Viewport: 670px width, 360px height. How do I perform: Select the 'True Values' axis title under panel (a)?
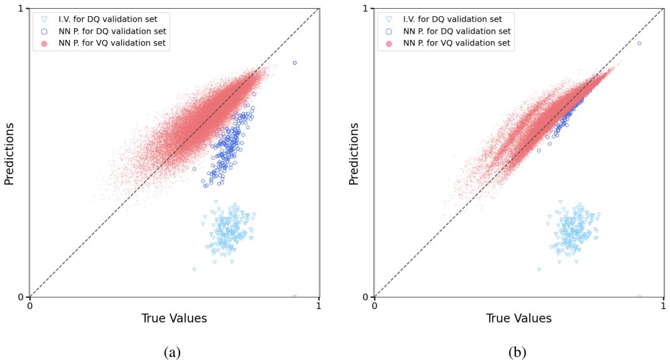click(x=175, y=318)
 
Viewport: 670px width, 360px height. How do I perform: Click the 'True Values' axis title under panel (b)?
click(x=519, y=318)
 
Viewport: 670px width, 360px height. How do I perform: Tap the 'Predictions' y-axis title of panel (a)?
click(x=9, y=153)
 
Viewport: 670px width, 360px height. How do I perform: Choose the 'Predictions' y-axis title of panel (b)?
click(x=354, y=153)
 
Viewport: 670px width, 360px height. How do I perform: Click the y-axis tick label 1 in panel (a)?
click(x=21, y=9)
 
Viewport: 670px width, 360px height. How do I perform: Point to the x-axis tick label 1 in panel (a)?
click(x=318, y=306)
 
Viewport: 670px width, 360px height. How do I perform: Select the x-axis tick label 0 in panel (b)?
click(x=375, y=306)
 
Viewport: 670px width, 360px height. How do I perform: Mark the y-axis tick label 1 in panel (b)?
click(x=366, y=9)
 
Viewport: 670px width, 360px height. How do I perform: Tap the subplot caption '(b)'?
click(x=517, y=352)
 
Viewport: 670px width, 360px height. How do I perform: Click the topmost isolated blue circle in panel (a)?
click(x=295, y=63)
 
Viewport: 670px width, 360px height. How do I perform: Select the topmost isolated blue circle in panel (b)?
click(x=639, y=43)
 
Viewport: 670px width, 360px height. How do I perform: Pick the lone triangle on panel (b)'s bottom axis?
click(x=639, y=296)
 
